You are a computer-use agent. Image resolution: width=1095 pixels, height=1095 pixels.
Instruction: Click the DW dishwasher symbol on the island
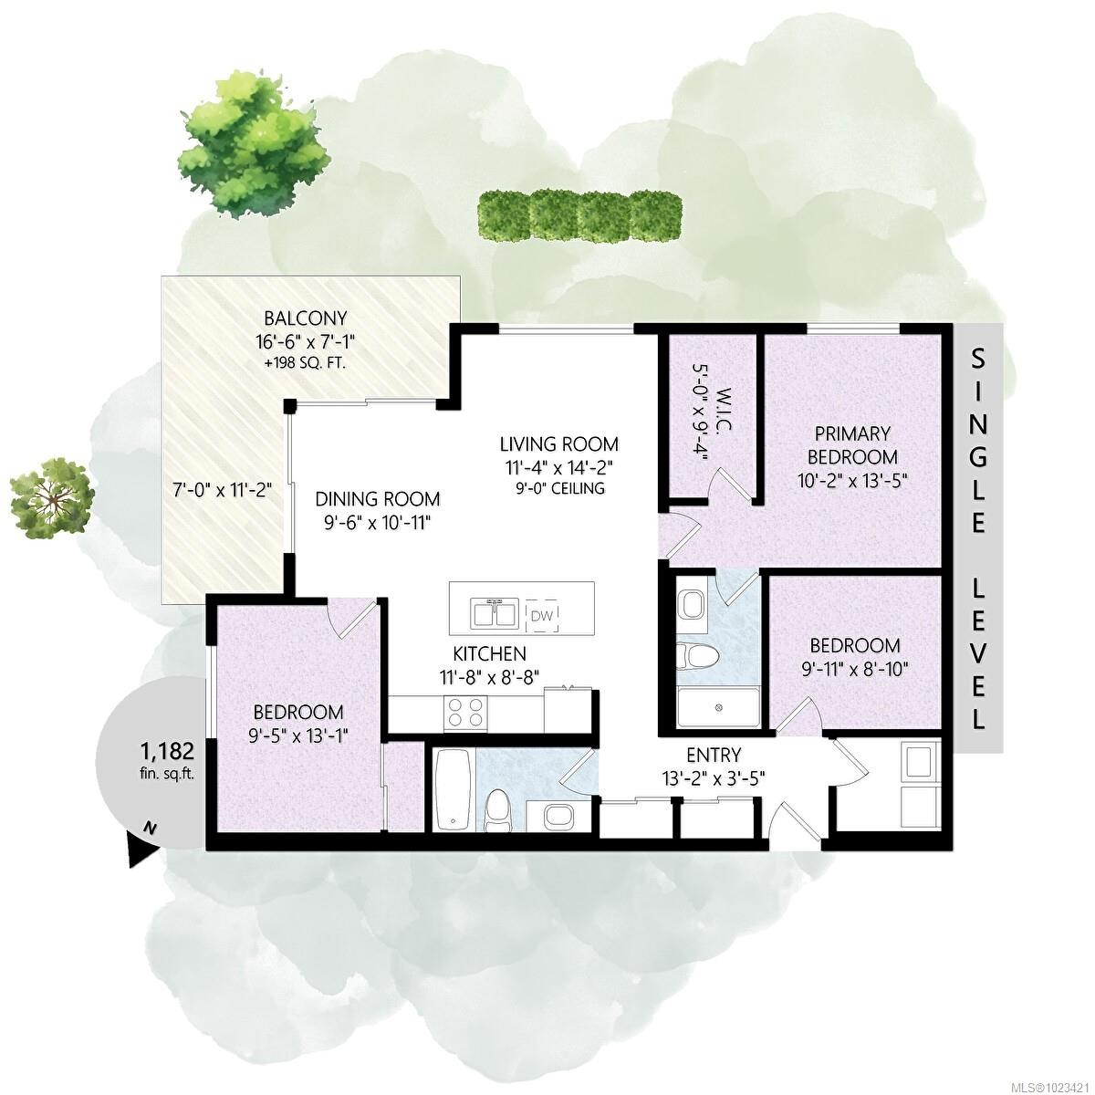[542, 615]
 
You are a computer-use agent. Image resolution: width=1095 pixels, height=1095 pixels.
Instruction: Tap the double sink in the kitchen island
[494, 613]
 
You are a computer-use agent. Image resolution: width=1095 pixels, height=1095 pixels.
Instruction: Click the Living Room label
[559, 443]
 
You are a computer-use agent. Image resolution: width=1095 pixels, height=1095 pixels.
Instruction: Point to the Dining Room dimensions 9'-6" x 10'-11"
[377, 523]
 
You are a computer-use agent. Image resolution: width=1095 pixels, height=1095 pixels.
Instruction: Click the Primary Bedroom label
[852, 445]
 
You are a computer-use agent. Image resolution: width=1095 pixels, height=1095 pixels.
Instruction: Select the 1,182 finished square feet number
[167, 751]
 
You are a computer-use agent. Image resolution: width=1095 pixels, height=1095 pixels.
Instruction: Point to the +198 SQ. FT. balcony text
[305, 362]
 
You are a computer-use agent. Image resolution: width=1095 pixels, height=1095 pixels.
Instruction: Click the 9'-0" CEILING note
[560, 487]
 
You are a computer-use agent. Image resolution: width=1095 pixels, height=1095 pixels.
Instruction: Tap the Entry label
[714, 756]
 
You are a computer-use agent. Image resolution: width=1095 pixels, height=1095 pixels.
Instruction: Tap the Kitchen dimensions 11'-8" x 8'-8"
[489, 677]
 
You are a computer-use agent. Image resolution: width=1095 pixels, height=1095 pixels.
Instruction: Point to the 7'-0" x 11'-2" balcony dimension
[223, 489]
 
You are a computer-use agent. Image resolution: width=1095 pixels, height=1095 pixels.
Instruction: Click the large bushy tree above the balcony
[254, 144]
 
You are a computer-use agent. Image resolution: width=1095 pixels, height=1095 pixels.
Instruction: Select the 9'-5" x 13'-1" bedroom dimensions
[297, 735]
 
